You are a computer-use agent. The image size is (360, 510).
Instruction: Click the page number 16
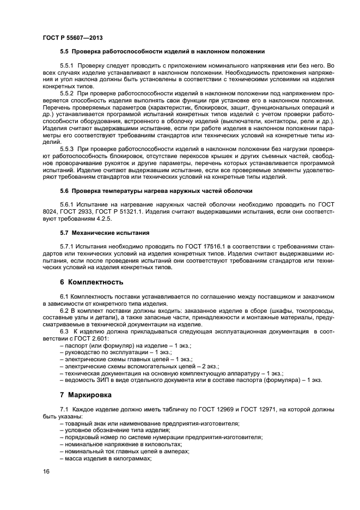[x=46, y=472]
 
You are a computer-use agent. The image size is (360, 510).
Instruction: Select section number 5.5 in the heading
[x=64, y=52]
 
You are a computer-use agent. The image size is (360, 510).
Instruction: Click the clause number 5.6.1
[x=67, y=204]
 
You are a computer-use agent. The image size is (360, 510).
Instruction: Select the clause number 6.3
[x=65, y=331]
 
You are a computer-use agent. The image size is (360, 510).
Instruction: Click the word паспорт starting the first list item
[x=76, y=345]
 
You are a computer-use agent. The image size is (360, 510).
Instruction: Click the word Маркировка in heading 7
[x=90, y=394]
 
